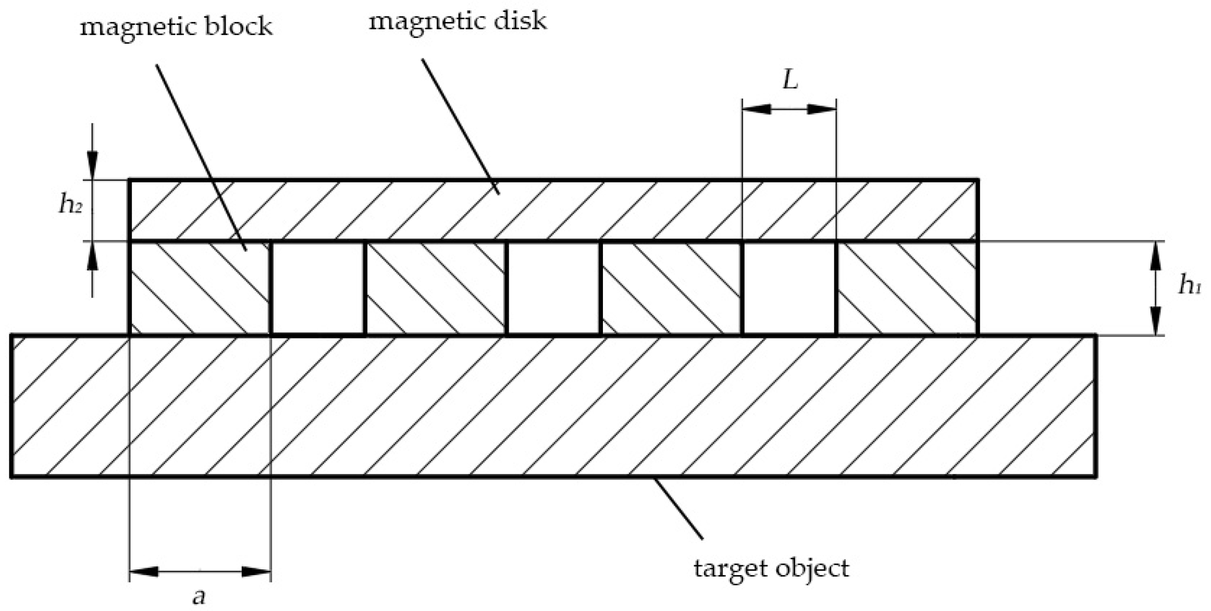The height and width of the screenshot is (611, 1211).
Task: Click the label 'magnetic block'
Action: (x=176, y=26)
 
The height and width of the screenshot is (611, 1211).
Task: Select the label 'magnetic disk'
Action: (x=458, y=22)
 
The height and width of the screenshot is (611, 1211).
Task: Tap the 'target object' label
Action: (x=771, y=568)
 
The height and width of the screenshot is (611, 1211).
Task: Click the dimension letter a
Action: (x=199, y=596)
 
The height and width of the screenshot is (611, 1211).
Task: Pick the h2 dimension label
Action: (x=69, y=204)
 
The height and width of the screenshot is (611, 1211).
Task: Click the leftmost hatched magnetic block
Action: (x=199, y=288)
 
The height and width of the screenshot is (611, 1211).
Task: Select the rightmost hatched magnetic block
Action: (x=907, y=288)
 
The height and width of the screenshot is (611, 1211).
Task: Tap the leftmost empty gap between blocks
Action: (x=318, y=288)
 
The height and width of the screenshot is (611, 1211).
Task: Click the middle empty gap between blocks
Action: (x=553, y=288)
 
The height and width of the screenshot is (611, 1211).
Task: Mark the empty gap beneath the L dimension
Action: (x=789, y=288)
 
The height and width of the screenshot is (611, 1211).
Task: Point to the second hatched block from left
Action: (x=436, y=288)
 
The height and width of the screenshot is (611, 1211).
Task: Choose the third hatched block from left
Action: (x=671, y=288)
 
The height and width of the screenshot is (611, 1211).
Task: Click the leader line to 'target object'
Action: (x=678, y=508)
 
